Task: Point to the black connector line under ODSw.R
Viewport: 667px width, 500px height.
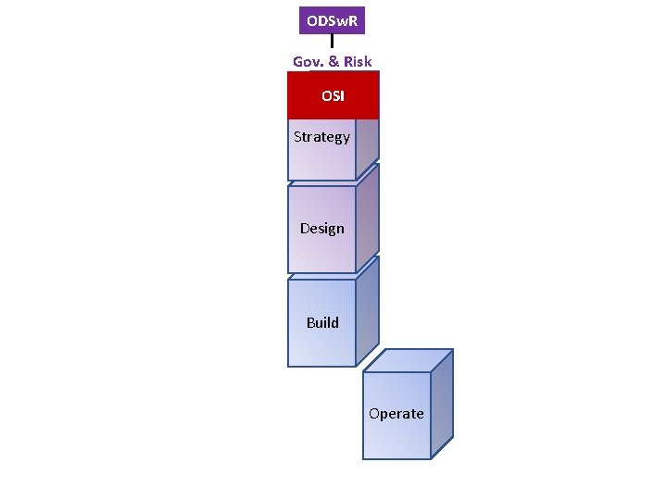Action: [332, 42]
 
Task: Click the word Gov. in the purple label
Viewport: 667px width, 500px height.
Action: [308, 62]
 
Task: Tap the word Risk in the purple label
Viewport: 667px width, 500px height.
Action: [357, 62]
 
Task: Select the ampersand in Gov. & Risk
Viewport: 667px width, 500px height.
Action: [333, 62]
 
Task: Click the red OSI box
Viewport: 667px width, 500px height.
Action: [333, 95]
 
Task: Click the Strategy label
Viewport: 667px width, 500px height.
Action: [321, 137]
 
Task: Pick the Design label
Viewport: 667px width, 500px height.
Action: [321, 229]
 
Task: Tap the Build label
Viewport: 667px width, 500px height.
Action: [322, 323]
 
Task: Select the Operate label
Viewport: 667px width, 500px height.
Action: [396, 414]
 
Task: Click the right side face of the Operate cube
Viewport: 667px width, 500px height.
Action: [442, 404]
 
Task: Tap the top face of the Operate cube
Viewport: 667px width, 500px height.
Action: [408, 360]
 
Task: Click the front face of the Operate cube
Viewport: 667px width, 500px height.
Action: [396, 435]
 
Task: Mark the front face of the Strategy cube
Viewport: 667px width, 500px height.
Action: [321, 162]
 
